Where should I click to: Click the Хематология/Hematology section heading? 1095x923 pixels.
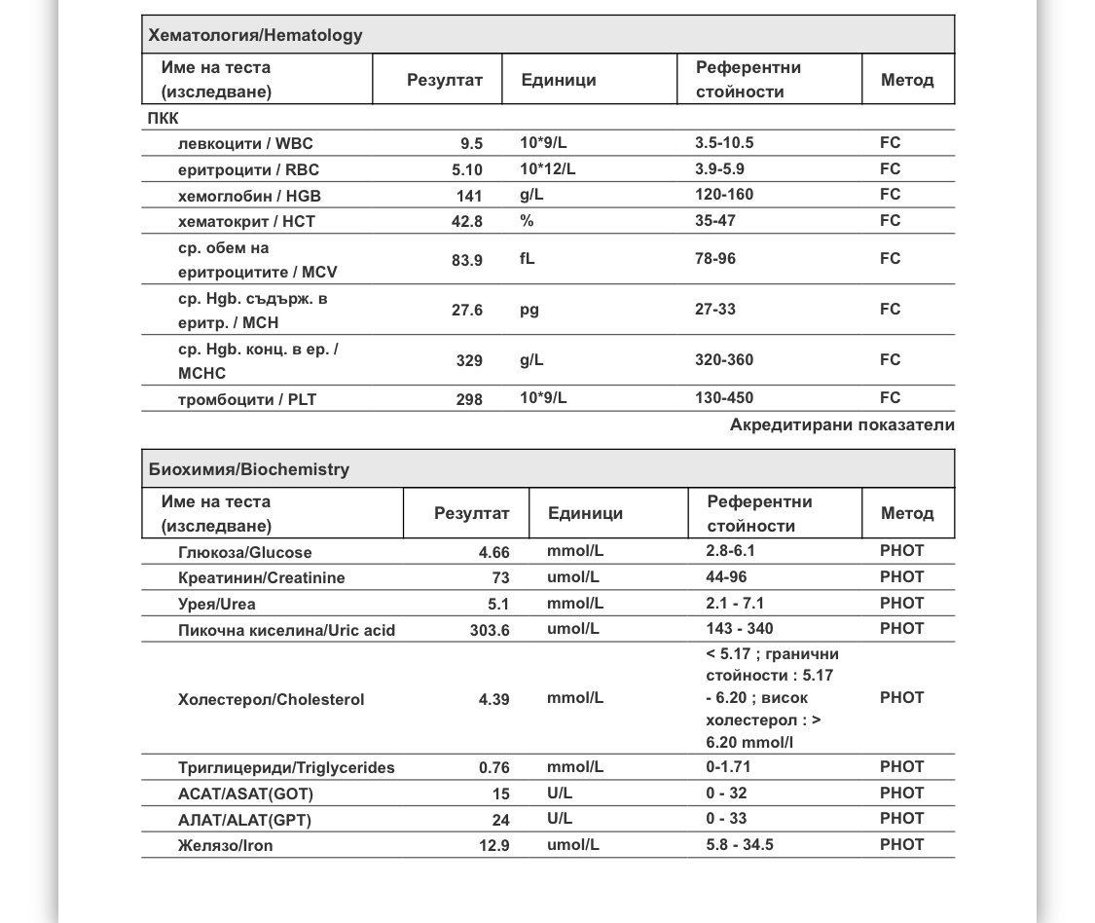pos(255,36)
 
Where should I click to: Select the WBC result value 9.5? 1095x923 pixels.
pos(472,144)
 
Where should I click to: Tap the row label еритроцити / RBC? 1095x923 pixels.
pos(248,170)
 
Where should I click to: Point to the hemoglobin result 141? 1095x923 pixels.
pos(469,196)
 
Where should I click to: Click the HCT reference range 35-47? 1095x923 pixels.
pos(715,221)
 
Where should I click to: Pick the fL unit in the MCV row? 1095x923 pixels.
pos(528,259)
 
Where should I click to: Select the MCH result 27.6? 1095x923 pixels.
pos(467,311)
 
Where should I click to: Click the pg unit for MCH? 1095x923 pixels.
pos(529,311)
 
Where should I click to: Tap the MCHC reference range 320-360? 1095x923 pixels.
pos(724,360)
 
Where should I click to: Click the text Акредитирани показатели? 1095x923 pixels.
pos(842,425)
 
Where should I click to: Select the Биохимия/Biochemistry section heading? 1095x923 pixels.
pos(249,470)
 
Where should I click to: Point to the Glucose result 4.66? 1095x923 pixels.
pos(494,553)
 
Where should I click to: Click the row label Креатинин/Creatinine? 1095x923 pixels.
pos(262,578)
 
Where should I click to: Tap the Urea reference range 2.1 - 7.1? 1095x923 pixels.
pos(735,604)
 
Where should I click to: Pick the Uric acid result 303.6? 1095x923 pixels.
pos(490,630)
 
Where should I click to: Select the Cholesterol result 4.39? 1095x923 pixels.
pos(494,699)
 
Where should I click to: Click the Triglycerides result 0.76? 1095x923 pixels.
pos(494,768)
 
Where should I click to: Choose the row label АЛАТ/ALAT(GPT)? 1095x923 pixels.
pos(244,820)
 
